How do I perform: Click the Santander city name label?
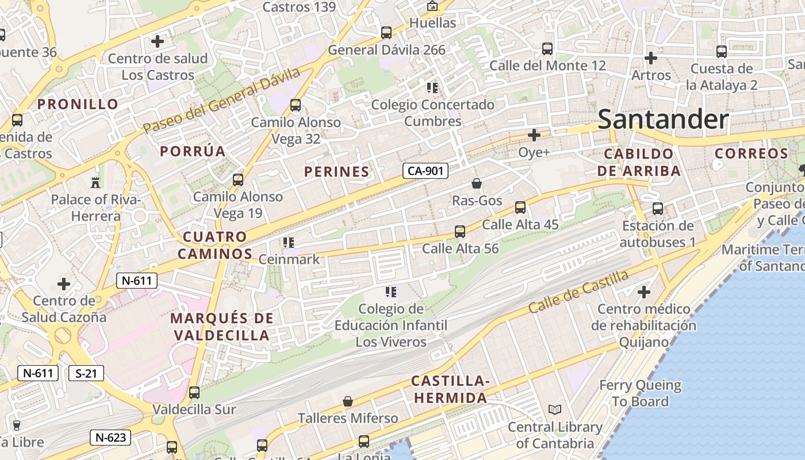coord(663,120)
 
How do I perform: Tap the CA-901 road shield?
coord(425,171)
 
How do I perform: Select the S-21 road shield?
coord(86,373)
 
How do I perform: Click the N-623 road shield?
coord(110,438)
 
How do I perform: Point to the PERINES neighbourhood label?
coord(336,171)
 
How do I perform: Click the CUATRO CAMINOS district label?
coord(215,245)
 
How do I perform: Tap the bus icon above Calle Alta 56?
coord(460,232)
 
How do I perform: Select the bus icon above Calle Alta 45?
coord(520,208)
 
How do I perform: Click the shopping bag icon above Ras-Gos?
coord(477,184)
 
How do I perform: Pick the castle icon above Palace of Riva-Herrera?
coord(95,183)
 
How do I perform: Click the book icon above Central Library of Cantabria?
coord(554,410)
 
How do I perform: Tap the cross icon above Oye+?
coord(534,136)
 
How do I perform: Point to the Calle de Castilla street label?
coord(578,292)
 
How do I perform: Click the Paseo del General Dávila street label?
coord(222,101)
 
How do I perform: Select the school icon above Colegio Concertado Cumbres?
coord(432,88)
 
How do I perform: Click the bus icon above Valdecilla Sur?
coord(194,393)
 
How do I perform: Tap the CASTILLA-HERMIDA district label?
coord(450,389)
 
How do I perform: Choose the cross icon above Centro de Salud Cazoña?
coord(64,284)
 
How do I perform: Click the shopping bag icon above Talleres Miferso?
coord(347,401)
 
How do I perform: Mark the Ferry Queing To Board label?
coord(640,393)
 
